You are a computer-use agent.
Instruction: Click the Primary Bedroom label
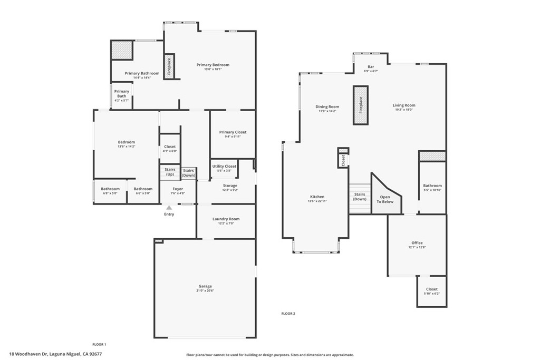pyautogui.click(x=213, y=65)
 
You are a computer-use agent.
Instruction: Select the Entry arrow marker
pyautogui.click(x=169, y=208)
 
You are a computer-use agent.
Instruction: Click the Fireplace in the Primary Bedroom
pyautogui.click(x=169, y=66)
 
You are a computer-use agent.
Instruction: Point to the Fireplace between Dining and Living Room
pyautogui.click(x=361, y=105)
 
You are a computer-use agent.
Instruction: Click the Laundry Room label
pyautogui.click(x=226, y=219)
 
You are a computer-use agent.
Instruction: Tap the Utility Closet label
pyautogui.click(x=225, y=166)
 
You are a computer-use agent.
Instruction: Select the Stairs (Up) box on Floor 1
pyautogui.click(x=170, y=172)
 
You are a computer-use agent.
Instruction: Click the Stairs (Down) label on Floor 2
pyautogui.click(x=360, y=197)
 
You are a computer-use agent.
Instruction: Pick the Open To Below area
pyautogui.click(x=385, y=199)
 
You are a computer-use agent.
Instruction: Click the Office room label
pyautogui.click(x=417, y=243)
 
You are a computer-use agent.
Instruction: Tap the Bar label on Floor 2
pyautogui.click(x=371, y=67)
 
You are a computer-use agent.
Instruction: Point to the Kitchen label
pyautogui.click(x=317, y=197)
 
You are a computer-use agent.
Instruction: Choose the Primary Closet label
pyautogui.click(x=233, y=132)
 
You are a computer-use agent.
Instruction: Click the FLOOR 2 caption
pyautogui.click(x=288, y=314)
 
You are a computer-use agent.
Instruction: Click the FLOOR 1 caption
pyautogui.click(x=99, y=344)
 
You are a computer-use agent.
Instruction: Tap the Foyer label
pyautogui.click(x=178, y=189)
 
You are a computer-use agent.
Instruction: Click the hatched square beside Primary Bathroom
pyautogui.click(x=121, y=50)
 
